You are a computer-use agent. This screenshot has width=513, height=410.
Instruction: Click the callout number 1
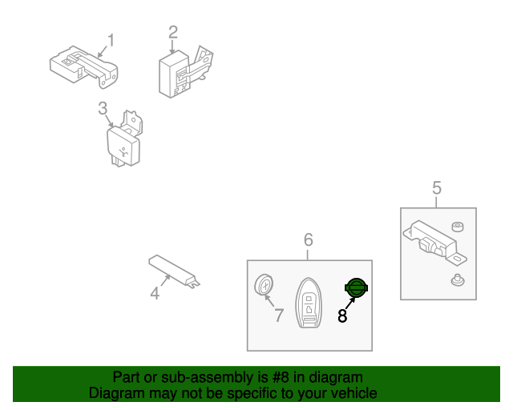[x=111, y=41]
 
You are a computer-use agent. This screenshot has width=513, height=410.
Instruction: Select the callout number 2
[x=173, y=33]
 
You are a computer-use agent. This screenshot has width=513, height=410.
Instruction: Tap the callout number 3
[x=103, y=108]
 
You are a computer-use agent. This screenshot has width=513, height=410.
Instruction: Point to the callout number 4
[x=155, y=293]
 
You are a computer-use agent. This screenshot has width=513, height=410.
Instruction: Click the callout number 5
[x=437, y=188]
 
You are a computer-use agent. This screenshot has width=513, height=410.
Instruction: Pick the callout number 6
[x=308, y=239]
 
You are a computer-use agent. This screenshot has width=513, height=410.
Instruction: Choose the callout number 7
[x=278, y=316]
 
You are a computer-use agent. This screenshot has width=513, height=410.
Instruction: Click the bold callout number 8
[x=342, y=316]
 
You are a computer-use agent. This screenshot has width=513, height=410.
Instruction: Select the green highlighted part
[x=356, y=288]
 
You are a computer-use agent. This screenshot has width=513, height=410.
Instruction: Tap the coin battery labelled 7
[x=264, y=285]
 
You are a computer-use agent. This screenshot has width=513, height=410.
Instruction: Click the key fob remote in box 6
[x=309, y=303]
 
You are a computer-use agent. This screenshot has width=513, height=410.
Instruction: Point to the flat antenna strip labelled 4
[x=174, y=271]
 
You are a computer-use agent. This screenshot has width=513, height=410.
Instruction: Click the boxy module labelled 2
[x=185, y=72]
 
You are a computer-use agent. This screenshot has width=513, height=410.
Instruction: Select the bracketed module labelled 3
[x=125, y=139]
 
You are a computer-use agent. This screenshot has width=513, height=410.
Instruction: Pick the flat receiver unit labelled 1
[x=83, y=66]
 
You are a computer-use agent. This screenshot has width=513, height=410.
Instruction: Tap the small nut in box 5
[x=458, y=227]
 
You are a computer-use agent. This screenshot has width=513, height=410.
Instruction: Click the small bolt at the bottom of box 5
[x=458, y=280]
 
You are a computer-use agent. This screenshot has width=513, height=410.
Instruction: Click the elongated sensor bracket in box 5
[x=434, y=241]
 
